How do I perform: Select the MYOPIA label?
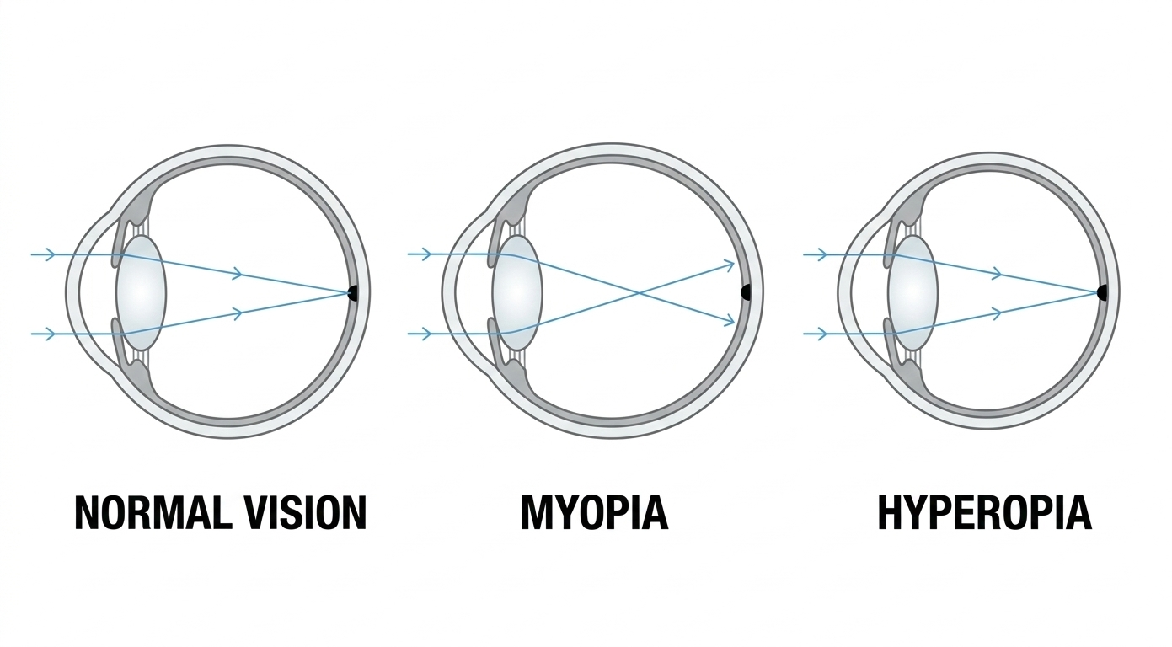[594, 512]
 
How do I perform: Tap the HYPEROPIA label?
[984, 512]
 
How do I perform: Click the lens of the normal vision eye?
[141, 292]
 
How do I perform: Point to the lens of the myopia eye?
[517, 292]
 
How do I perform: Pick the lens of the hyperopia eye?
[912, 292]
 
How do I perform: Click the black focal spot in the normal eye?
[352, 292]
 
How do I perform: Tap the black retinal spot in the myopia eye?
[746, 292]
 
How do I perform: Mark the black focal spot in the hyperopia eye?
[1102, 292]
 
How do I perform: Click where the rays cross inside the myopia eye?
[641, 294]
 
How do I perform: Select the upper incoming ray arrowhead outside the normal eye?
[50, 254]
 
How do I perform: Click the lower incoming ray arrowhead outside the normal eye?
[50, 334]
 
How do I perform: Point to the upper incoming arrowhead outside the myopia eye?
[426, 254]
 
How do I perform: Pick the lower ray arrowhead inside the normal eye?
[238, 313]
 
